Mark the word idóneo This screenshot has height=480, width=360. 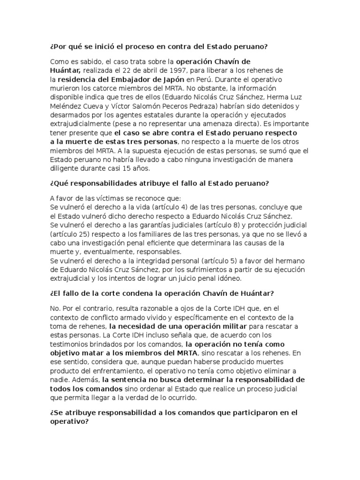tap(225, 278)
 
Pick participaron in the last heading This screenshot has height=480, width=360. tap(247, 412)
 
